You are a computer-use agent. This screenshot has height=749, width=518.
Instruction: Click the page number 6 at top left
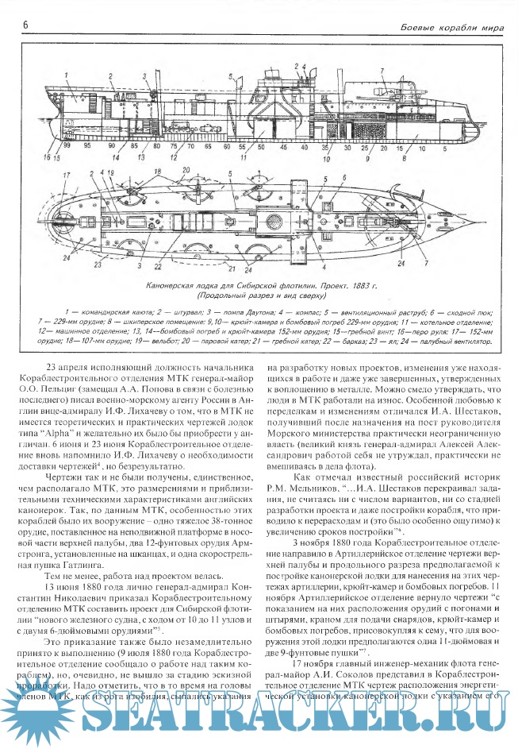25,26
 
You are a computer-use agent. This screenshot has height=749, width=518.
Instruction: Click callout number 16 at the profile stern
47,157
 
